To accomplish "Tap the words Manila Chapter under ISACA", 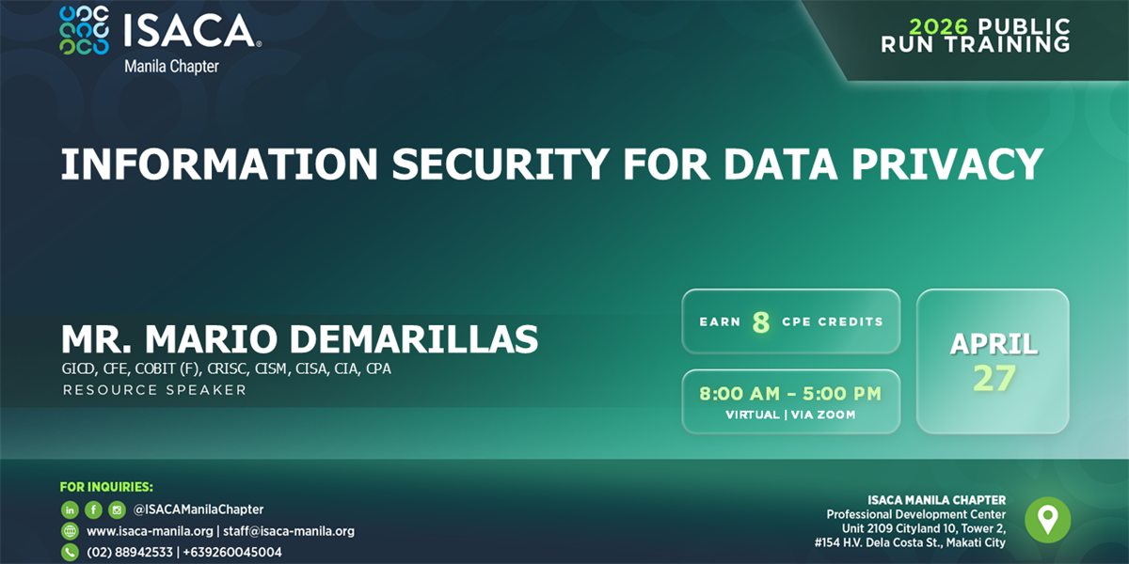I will [x=171, y=67].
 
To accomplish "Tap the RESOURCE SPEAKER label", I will [x=154, y=389].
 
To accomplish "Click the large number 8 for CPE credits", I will [x=761, y=322].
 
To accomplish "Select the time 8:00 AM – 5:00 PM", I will [x=790, y=394].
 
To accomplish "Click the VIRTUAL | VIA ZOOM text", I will [x=790, y=415].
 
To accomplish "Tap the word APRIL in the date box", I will [x=994, y=344].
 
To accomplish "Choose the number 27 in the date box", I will [x=994, y=378].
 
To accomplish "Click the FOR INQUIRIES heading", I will [x=106, y=487].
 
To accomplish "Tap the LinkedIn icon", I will [x=70, y=509].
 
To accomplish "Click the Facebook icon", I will [x=93, y=509].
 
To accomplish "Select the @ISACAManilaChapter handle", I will [x=199, y=509].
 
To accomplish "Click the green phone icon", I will [x=70, y=553].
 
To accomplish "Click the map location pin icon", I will [x=1047, y=520].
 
